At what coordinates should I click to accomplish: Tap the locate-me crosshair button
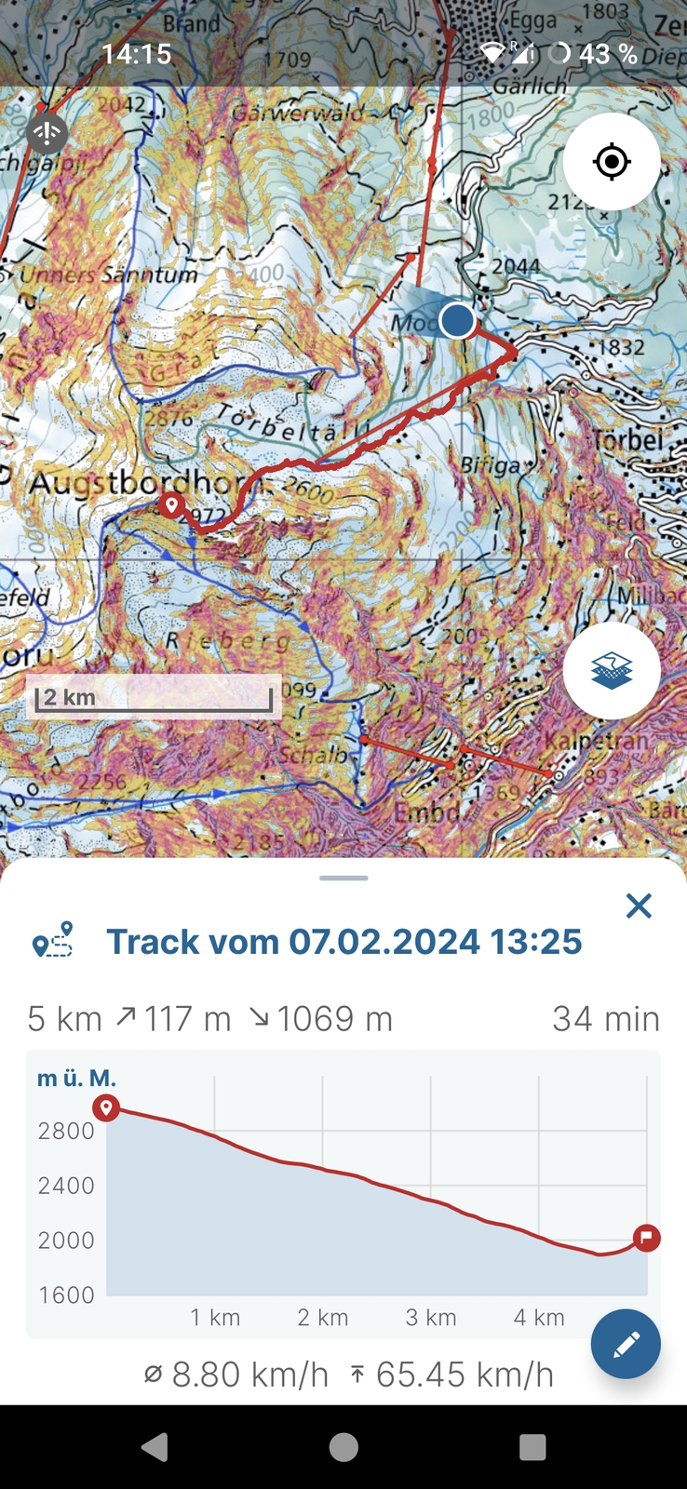click(x=612, y=162)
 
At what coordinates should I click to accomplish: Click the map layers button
click(x=612, y=670)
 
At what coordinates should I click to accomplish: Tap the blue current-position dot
click(x=457, y=320)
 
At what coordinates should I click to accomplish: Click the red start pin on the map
click(x=171, y=505)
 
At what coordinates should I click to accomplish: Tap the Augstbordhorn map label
click(x=140, y=484)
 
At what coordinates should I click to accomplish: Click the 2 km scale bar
click(x=154, y=698)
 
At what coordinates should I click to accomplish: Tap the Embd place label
click(x=426, y=812)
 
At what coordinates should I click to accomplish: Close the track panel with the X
click(x=639, y=905)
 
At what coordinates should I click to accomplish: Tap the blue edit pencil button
click(x=626, y=1344)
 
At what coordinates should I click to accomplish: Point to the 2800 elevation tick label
click(x=66, y=1131)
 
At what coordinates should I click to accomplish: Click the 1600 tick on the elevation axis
click(x=66, y=1294)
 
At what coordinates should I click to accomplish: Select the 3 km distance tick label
click(x=431, y=1318)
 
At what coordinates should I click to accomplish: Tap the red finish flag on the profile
click(x=646, y=1238)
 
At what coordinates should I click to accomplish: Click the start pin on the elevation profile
click(x=106, y=1107)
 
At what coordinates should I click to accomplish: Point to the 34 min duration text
click(x=606, y=1019)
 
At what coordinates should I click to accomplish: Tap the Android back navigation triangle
click(x=155, y=1447)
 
